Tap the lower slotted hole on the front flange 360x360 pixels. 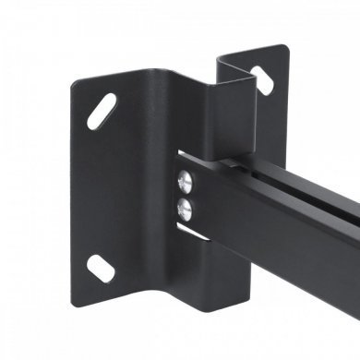(99, 269)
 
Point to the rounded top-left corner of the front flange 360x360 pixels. (78, 82)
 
